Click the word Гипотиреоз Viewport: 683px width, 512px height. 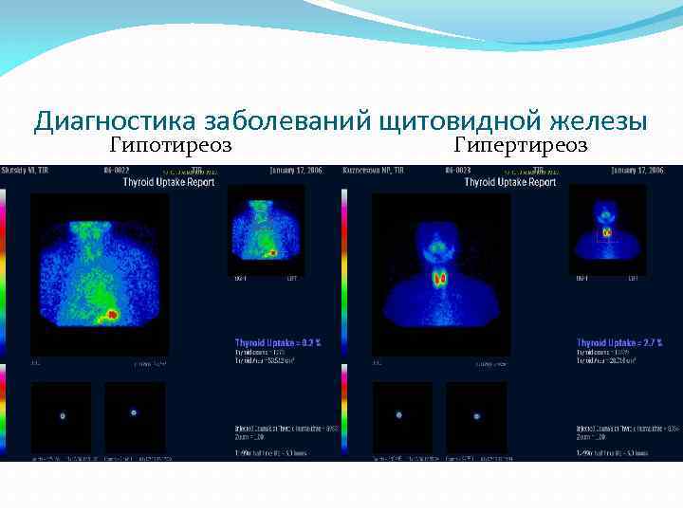pyautogui.click(x=171, y=145)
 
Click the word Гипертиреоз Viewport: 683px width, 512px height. pyautogui.click(x=521, y=145)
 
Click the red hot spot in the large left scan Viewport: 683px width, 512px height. pyautogui.click(x=113, y=313)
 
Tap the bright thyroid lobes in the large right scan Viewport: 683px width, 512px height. pyautogui.click(x=440, y=279)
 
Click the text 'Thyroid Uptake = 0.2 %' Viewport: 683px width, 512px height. pyautogui.click(x=278, y=342)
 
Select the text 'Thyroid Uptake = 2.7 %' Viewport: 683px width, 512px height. pyautogui.click(x=619, y=342)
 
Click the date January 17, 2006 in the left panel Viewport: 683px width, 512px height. pyautogui.click(x=296, y=171)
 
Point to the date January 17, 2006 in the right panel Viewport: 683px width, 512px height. pyautogui.click(x=637, y=171)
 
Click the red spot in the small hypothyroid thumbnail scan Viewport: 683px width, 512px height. pyautogui.click(x=273, y=252)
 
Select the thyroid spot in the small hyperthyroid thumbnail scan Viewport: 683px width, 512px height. pyautogui.click(x=607, y=231)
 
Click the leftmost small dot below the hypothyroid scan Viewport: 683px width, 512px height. pyautogui.click(x=63, y=415)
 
